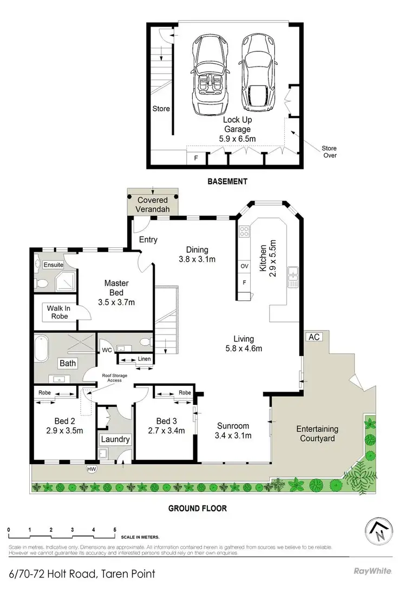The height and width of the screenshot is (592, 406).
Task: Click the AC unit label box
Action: click(x=313, y=337)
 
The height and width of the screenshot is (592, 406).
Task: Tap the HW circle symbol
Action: click(x=90, y=469)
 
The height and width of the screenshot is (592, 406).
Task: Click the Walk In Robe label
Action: click(x=57, y=312)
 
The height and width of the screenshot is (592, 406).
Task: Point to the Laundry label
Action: click(x=115, y=439)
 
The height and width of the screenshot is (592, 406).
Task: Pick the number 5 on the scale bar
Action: click(x=115, y=530)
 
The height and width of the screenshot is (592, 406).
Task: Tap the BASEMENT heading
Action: click(x=227, y=182)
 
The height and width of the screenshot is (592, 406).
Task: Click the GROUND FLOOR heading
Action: click(x=197, y=508)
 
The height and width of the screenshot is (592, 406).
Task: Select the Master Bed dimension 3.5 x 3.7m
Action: click(x=116, y=301)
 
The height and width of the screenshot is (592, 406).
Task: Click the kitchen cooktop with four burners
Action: click(x=244, y=232)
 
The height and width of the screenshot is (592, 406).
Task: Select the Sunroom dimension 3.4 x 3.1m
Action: click(x=233, y=435)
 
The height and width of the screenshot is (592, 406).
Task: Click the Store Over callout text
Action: click(x=329, y=152)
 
